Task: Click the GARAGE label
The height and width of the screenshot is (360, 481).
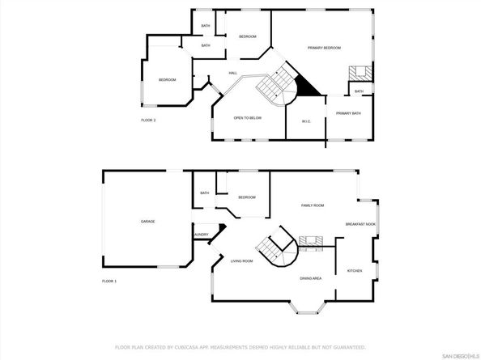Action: (147, 221)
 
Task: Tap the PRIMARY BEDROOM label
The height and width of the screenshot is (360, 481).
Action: (321, 48)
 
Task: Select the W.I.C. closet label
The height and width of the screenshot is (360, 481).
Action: (306, 121)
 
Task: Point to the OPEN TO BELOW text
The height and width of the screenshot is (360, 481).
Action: (247, 118)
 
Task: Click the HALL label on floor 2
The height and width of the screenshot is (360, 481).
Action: (232, 74)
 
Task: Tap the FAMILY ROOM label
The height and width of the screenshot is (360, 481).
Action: (313, 206)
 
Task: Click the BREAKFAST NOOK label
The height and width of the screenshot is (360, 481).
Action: (360, 224)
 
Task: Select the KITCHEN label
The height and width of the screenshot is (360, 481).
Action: (355, 270)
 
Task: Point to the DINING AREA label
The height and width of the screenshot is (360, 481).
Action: (311, 277)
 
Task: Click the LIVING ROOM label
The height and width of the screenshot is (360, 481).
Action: (241, 260)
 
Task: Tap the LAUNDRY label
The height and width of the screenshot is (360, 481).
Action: (201, 235)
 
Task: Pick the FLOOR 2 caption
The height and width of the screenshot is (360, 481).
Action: (148, 120)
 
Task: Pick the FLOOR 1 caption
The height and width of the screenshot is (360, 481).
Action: (109, 281)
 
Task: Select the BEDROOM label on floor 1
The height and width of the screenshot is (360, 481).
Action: (247, 197)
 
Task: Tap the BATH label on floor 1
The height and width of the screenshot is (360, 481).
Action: (205, 193)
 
